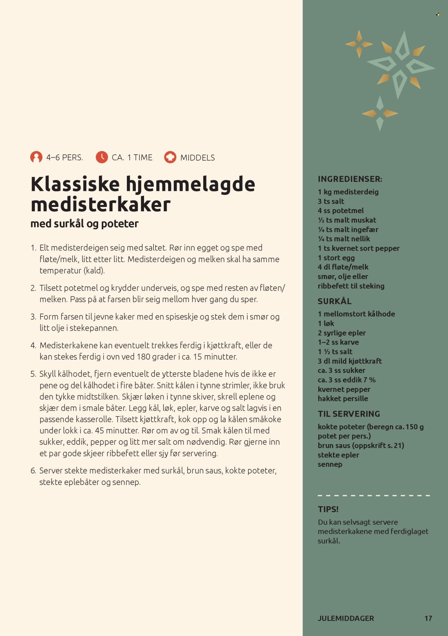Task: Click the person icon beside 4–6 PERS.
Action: click(x=36, y=157)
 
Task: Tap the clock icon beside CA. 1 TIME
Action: click(x=102, y=157)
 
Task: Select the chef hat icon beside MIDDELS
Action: click(x=170, y=157)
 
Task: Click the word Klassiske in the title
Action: click(x=75, y=184)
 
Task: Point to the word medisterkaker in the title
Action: click(x=101, y=204)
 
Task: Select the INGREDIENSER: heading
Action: click(x=350, y=179)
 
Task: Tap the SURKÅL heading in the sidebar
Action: click(x=334, y=301)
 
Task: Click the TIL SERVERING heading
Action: click(x=349, y=414)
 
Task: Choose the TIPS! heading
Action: click(x=328, y=509)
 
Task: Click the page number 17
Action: click(x=428, y=618)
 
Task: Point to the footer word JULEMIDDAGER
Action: click(x=346, y=618)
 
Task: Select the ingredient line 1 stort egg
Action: click(x=336, y=258)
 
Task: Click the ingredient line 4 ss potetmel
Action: click(x=340, y=211)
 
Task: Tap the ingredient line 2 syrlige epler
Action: click(x=342, y=333)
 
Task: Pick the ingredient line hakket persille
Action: click(x=343, y=399)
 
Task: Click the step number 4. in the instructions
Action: click(x=33, y=345)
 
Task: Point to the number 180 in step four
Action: click(x=144, y=357)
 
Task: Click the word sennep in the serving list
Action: click(x=330, y=464)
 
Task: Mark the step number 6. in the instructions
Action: click(x=33, y=471)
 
